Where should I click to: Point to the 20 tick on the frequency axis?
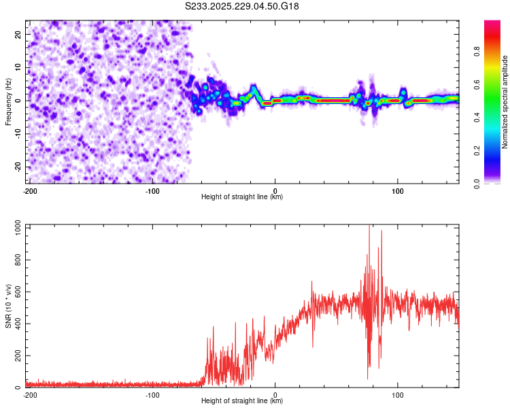[x=18, y=35]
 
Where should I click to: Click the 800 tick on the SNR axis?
[x=16, y=260]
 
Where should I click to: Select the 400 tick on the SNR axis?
[x=16, y=324]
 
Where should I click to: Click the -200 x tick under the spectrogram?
[x=30, y=191]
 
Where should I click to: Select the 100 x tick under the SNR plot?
[x=398, y=395]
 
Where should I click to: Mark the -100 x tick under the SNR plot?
[x=152, y=395]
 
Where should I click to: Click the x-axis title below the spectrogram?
[x=242, y=197]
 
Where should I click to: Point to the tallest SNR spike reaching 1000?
[x=369, y=228]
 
